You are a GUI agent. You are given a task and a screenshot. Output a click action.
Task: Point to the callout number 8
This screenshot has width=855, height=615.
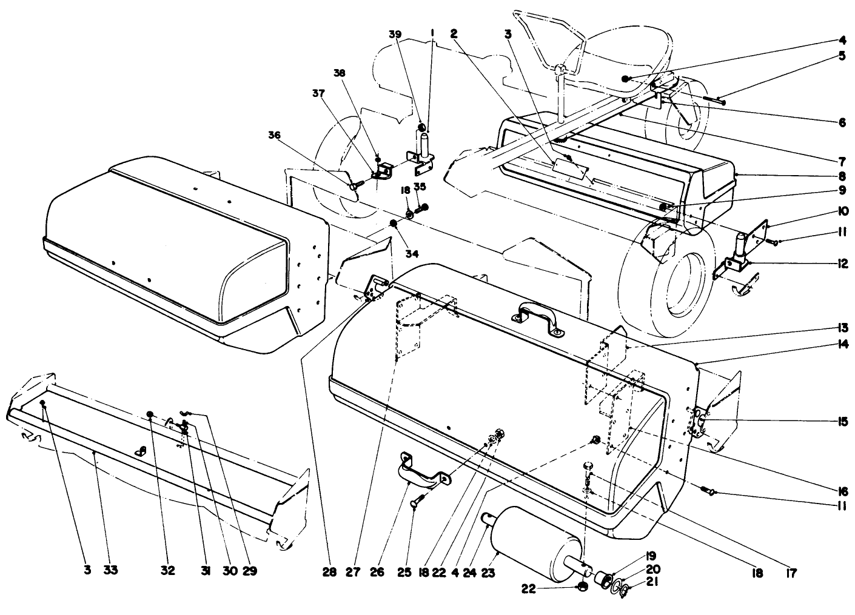tap(842, 177)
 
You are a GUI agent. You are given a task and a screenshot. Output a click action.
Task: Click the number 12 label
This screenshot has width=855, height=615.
tap(842, 264)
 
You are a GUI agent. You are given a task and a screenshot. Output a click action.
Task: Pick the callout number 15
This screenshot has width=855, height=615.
tap(842, 421)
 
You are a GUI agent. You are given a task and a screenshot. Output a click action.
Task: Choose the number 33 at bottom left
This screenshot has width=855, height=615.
tap(111, 570)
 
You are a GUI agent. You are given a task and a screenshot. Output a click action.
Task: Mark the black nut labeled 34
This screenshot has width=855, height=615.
tap(393, 225)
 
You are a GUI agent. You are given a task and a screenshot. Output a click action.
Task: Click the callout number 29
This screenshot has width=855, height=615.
tap(249, 570)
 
